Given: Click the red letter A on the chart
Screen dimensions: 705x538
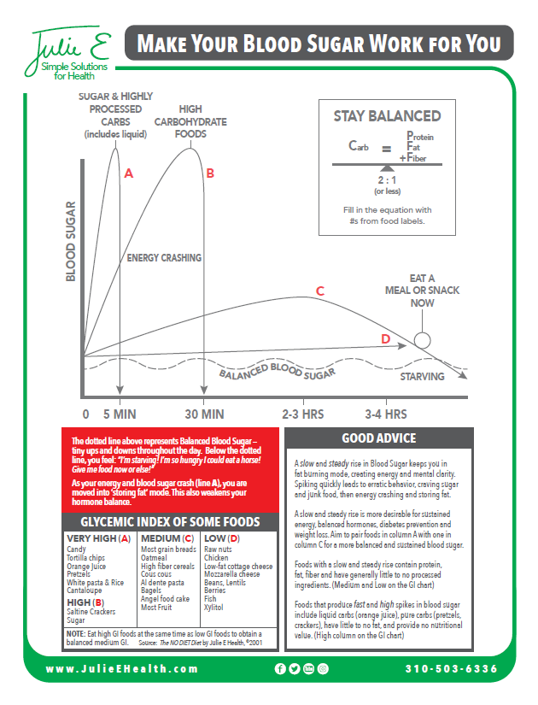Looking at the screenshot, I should [x=129, y=173].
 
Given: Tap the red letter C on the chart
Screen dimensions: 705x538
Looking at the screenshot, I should [x=319, y=291].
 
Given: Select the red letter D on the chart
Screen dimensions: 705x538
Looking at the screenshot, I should [x=385, y=340].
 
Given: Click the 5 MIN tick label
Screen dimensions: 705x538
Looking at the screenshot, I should [x=119, y=414].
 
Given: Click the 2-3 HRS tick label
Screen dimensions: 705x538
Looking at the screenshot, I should [x=303, y=414].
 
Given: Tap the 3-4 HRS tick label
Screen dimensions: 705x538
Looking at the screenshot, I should [x=385, y=414].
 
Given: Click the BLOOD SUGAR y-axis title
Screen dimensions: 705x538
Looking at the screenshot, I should [x=72, y=242].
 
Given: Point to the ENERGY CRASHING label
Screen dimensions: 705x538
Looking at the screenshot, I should [x=164, y=257].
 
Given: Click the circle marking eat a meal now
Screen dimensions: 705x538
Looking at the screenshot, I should [x=422, y=340].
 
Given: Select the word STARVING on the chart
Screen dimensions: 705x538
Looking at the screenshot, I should [x=423, y=377].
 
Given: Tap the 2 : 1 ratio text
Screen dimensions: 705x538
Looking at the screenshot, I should [x=387, y=180].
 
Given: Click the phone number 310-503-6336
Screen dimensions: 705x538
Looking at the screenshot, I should [x=451, y=668].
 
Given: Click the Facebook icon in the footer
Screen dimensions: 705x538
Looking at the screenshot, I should [x=280, y=668].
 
